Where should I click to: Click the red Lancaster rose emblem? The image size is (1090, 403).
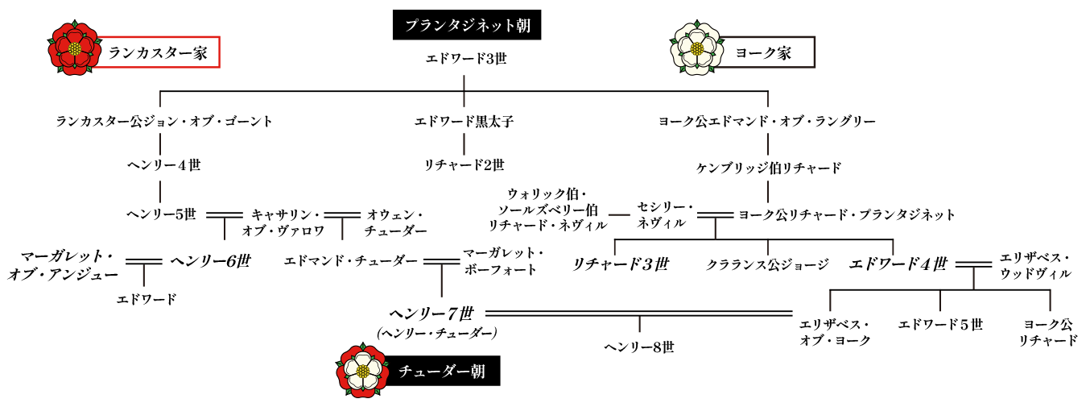click(74, 48)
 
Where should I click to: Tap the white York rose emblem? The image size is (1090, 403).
click(697, 48)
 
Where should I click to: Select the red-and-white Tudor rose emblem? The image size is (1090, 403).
click(362, 370)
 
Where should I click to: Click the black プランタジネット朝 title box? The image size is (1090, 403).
click(467, 25)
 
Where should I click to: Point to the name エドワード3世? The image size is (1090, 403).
click(466, 59)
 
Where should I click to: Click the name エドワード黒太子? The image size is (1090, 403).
click(464, 122)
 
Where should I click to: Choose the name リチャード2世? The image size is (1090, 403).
click(464, 165)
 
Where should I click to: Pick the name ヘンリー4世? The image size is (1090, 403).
click(164, 165)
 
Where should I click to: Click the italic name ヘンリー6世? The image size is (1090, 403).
click(210, 261)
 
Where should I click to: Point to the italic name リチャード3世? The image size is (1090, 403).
click(621, 264)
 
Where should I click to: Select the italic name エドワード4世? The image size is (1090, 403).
click(898, 264)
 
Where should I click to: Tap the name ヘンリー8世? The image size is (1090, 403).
click(639, 347)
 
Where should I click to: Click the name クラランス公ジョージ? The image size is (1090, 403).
click(767, 264)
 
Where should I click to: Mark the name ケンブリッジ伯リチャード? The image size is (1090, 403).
click(769, 168)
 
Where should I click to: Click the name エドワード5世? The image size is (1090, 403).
click(940, 325)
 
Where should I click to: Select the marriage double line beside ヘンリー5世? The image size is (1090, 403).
click(225, 214)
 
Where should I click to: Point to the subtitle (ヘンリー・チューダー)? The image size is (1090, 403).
click(437, 334)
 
